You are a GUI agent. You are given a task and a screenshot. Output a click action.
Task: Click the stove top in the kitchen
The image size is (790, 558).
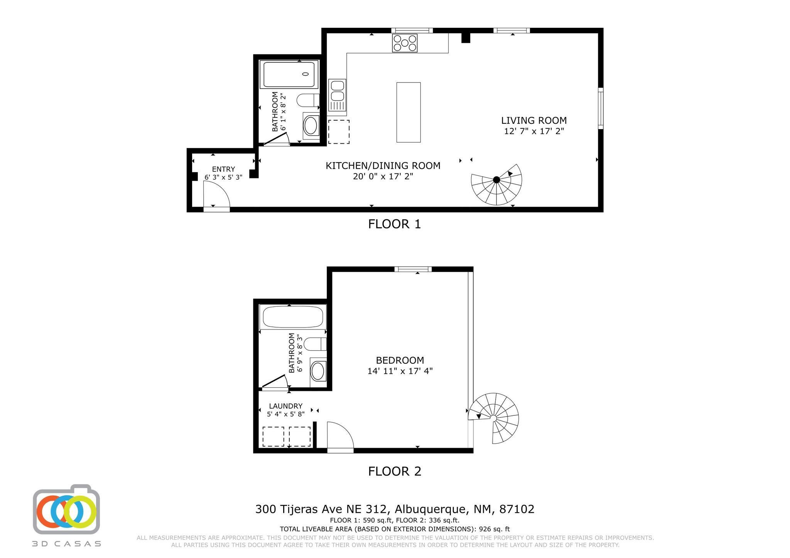[405, 43]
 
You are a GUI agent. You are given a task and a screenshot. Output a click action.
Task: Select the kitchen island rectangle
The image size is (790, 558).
[409, 112]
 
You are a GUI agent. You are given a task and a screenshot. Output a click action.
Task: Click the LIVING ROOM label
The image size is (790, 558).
[534, 121]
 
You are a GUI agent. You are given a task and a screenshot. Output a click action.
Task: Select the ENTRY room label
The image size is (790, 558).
[223, 169]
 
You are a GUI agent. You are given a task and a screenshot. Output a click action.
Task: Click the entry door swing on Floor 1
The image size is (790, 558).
[216, 196]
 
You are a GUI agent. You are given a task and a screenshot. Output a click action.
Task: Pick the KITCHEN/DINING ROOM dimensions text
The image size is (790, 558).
[383, 176]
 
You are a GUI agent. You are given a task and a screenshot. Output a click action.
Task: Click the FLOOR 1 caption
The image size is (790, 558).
[394, 224]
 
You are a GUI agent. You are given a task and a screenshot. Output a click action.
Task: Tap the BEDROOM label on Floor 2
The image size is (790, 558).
[400, 360]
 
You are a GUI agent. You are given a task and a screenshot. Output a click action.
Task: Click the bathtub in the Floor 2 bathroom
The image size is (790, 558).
[293, 317]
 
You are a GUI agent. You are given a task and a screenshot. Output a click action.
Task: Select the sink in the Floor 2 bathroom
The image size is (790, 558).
[318, 371]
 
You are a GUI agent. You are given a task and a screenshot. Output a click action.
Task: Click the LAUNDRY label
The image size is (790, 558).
[286, 406]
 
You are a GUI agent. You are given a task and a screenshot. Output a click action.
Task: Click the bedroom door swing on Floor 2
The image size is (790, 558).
[339, 435]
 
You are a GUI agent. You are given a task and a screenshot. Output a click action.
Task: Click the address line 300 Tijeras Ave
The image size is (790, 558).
[395, 509]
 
